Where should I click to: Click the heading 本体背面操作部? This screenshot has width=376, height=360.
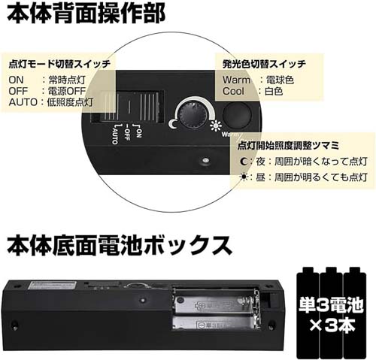click(x=86, y=13)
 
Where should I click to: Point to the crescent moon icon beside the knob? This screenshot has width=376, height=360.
click(x=173, y=124)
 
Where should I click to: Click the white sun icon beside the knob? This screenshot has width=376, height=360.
click(x=216, y=126)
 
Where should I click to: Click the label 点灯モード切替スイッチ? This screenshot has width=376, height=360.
click(x=59, y=64)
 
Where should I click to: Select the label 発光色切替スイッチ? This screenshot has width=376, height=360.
click(x=264, y=64)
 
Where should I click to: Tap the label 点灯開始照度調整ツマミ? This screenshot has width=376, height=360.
click(x=288, y=146)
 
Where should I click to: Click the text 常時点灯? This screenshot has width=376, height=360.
click(x=67, y=80)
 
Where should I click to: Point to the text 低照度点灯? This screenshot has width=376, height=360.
click(x=70, y=102)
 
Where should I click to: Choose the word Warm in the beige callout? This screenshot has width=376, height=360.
click(x=236, y=80)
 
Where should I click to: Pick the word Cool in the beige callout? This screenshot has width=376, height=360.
click(x=233, y=91)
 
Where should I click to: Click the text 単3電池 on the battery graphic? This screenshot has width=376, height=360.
click(x=331, y=305)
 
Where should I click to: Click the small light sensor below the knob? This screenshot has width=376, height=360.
click(x=205, y=160)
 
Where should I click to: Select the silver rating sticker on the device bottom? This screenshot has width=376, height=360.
click(x=52, y=285)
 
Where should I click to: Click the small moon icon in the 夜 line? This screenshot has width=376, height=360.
click(x=244, y=162)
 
